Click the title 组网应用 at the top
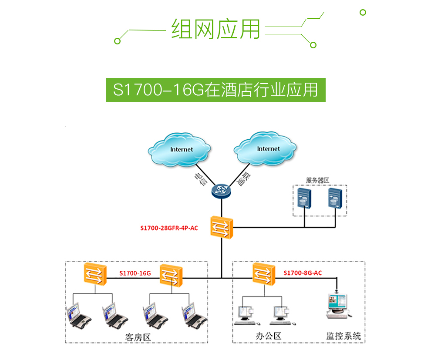(x=215, y=29)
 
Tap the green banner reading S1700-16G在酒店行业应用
(x=215, y=90)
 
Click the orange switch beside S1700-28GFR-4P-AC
(x=222, y=227)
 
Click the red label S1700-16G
(x=135, y=274)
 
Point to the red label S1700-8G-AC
(x=303, y=273)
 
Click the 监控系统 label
(x=343, y=336)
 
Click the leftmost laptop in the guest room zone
(x=78, y=316)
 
